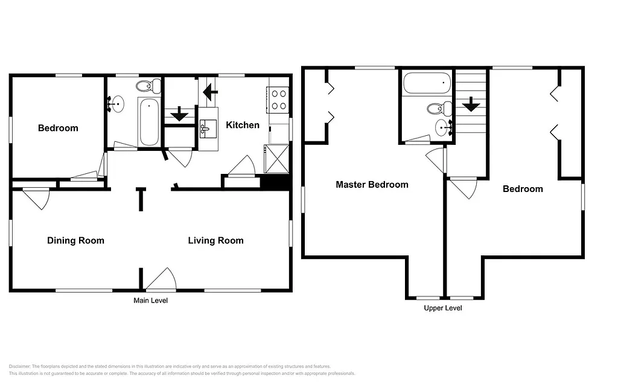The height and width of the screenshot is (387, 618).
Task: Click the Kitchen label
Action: pyautogui.click(x=243, y=126)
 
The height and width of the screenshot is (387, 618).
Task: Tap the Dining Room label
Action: pyautogui.click(x=75, y=241)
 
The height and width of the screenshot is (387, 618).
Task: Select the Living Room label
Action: pyautogui.click(x=215, y=241)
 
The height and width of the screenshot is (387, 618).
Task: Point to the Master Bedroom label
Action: pyautogui.click(x=372, y=185)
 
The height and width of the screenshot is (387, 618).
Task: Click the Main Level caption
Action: pyautogui.click(x=150, y=301)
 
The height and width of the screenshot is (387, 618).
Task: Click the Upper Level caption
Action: pyautogui.click(x=443, y=308)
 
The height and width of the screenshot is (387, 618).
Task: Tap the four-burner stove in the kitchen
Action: pyautogui.click(x=278, y=100)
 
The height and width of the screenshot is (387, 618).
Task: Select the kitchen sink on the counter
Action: pyautogui.click(x=208, y=128)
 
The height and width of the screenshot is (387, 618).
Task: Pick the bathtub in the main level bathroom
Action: pyautogui.click(x=148, y=122)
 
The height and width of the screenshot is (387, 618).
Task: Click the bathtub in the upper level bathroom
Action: pyautogui.click(x=426, y=83)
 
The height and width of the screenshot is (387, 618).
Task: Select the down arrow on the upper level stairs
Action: pyautogui.click(x=471, y=106)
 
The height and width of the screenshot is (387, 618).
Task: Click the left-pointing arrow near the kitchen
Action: pyautogui.click(x=210, y=92)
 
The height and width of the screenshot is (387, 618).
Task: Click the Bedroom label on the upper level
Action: pyautogui.click(x=523, y=189)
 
